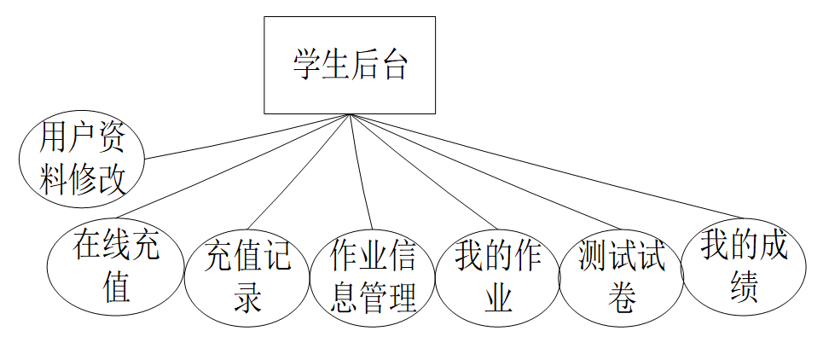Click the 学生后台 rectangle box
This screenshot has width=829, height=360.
click(x=349, y=65)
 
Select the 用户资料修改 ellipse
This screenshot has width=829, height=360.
click(x=82, y=159)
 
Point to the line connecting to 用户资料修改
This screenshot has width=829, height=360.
click(x=247, y=136)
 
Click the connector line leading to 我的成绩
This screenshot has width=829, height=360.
click(x=546, y=165)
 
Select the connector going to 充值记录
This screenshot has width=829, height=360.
click(x=299, y=165)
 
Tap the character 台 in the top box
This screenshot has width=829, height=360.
click(x=393, y=65)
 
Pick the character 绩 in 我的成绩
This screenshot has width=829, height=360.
click(x=744, y=287)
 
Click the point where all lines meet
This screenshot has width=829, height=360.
click(x=349, y=114)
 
